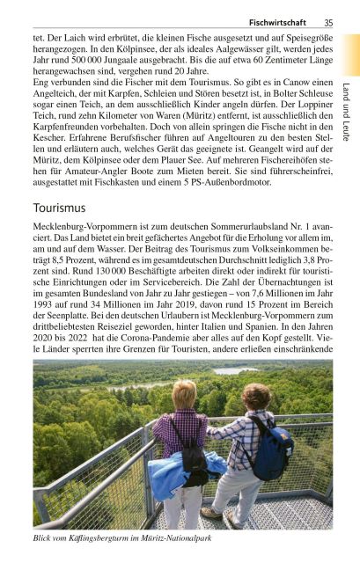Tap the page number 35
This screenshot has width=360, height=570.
327,22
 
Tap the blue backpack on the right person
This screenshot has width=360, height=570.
276,453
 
